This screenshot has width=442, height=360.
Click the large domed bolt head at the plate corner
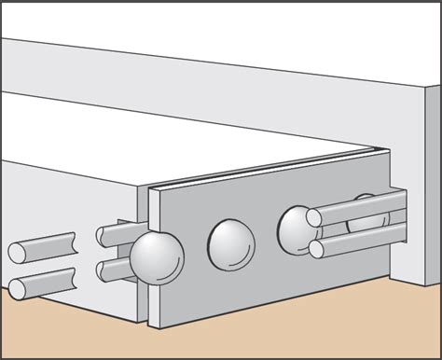[x=157, y=257]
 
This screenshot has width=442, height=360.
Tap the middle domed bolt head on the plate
[x=230, y=243]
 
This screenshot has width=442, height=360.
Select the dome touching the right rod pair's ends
[x=297, y=228]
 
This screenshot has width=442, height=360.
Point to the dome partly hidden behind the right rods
[x=366, y=217]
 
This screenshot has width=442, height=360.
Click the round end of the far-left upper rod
[x=17, y=251]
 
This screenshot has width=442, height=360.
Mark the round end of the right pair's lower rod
[x=317, y=249]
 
